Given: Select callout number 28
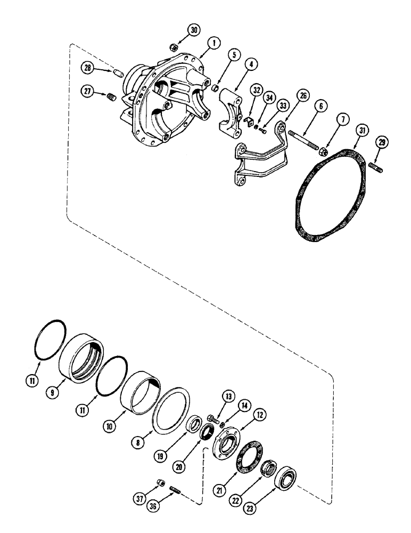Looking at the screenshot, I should [88, 69].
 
